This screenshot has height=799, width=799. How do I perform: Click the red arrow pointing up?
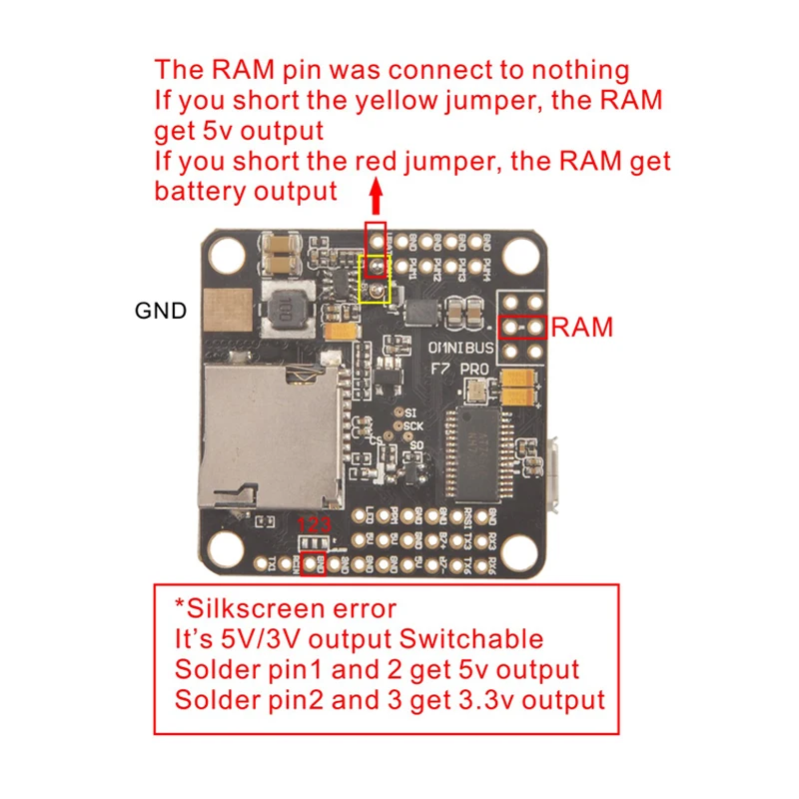[x=377, y=197]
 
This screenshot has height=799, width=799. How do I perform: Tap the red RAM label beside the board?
[x=582, y=327]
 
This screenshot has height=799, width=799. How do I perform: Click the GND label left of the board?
[x=161, y=311]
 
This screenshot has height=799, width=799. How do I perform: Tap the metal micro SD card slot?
[x=271, y=431]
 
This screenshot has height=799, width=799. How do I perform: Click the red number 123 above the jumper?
[x=315, y=524]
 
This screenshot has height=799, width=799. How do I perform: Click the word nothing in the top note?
[x=581, y=71]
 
